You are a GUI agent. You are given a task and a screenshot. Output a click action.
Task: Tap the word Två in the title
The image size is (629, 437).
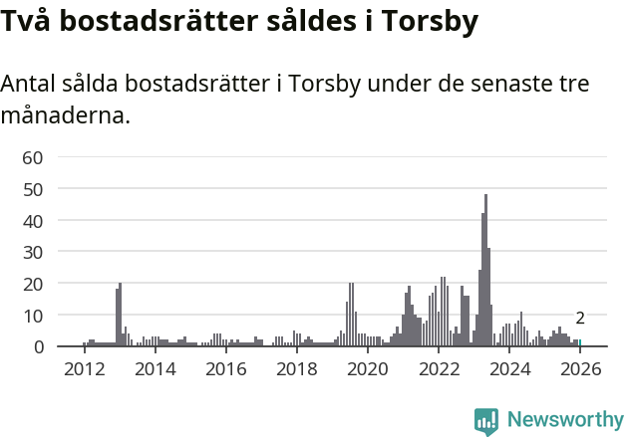pyautogui.click(x=24, y=20)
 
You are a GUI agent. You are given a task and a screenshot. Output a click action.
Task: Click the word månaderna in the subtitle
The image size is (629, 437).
pyautogui.click(x=66, y=115)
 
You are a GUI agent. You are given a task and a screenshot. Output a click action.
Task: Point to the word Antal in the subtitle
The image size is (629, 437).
pyautogui.click(x=30, y=85)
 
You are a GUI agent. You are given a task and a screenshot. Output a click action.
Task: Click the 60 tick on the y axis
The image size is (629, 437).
pyautogui.click(x=32, y=156)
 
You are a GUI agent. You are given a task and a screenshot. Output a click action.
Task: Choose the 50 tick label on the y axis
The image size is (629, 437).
pyautogui.click(x=32, y=188)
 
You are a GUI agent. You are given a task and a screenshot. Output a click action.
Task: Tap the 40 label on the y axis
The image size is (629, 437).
pyautogui.click(x=32, y=220)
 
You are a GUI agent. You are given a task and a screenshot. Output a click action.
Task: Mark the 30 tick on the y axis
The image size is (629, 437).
pyautogui.click(x=32, y=252)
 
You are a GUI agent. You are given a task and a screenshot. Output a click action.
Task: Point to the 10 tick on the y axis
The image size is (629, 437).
pyautogui.click(x=32, y=316)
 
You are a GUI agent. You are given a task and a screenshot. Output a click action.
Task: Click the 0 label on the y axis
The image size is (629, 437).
pyautogui.click(x=38, y=347)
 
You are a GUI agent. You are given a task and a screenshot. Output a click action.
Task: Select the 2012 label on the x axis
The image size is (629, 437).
pyautogui.click(x=84, y=369)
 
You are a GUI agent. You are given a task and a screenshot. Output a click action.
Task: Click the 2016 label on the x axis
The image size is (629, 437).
pyautogui.click(x=225, y=369)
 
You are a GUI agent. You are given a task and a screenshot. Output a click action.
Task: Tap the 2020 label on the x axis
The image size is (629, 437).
pyautogui.click(x=368, y=369)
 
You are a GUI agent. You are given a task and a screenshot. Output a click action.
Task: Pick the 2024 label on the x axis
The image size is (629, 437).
pyautogui.click(x=509, y=369)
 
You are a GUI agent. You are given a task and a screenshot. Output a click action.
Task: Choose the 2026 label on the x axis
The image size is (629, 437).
pyautogui.click(x=580, y=369)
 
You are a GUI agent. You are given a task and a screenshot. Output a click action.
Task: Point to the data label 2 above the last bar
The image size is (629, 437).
pyautogui.click(x=580, y=319)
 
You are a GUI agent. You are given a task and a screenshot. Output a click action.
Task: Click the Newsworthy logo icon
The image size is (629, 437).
pyautogui.click(x=486, y=420)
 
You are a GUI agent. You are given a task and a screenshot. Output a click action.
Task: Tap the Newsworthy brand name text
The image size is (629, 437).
pyautogui.click(x=564, y=420)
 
